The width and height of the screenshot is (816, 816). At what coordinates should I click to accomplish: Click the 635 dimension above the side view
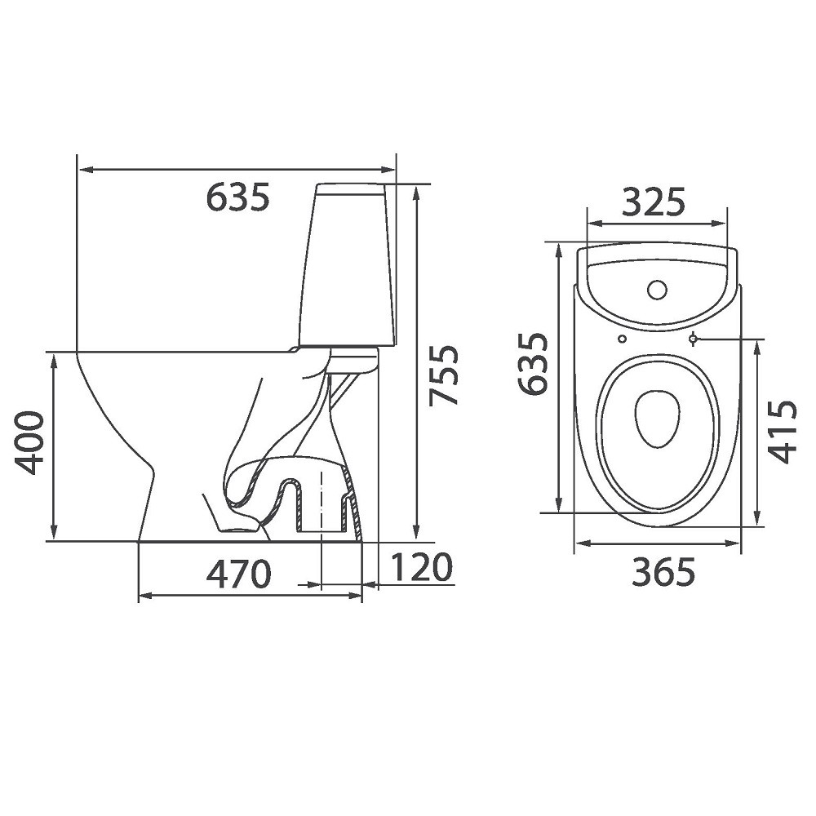[237, 197]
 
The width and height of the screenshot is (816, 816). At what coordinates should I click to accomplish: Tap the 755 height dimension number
[444, 375]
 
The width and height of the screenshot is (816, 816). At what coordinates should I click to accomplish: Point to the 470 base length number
[239, 574]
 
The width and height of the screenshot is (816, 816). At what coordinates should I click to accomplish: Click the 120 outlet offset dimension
[420, 567]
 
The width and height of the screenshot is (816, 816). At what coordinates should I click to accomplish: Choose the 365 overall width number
[663, 571]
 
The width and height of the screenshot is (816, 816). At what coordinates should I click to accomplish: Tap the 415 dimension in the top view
[783, 431]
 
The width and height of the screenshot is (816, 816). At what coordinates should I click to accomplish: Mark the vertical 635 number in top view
[533, 363]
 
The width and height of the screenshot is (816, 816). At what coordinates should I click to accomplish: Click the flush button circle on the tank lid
[657, 290]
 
